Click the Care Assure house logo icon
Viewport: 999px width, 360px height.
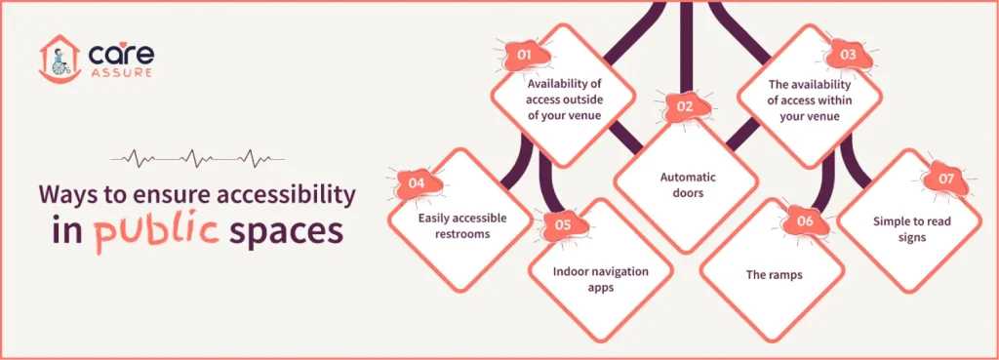point(58,60)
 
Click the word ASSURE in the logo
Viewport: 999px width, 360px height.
point(120,73)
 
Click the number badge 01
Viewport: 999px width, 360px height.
point(525,55)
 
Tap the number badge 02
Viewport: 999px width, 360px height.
point(685,106)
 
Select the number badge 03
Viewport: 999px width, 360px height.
point(847,55)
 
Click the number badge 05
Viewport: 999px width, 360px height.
point(562,224)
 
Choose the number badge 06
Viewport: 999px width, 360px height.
point(806,221)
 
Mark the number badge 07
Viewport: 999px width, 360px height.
point(945,180)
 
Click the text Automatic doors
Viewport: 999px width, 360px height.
point(687,185)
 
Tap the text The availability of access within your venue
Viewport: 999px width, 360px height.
point(808,99)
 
